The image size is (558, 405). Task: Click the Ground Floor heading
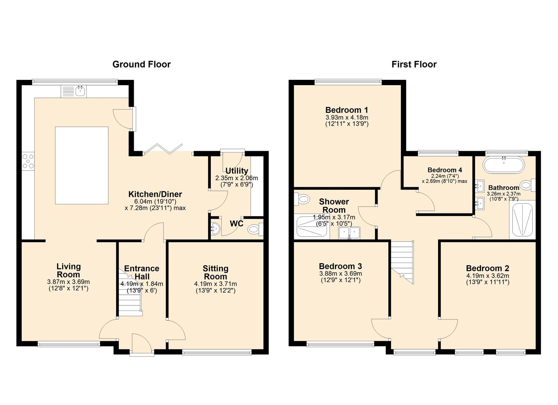tap(141, 64)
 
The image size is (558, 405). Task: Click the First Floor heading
tap(414, 64)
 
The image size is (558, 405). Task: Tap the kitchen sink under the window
tap(80, 90)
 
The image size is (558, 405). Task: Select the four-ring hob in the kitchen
tap(28, 161)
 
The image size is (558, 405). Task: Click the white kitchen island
tap(82, 165)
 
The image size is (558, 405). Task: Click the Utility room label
tap(236, 171)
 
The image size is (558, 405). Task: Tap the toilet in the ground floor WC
tap(256, 228)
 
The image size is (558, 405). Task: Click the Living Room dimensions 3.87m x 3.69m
tap(68, 282)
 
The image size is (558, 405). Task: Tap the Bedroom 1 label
tap(346, 110)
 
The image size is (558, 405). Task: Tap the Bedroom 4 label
tap(445, 170)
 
